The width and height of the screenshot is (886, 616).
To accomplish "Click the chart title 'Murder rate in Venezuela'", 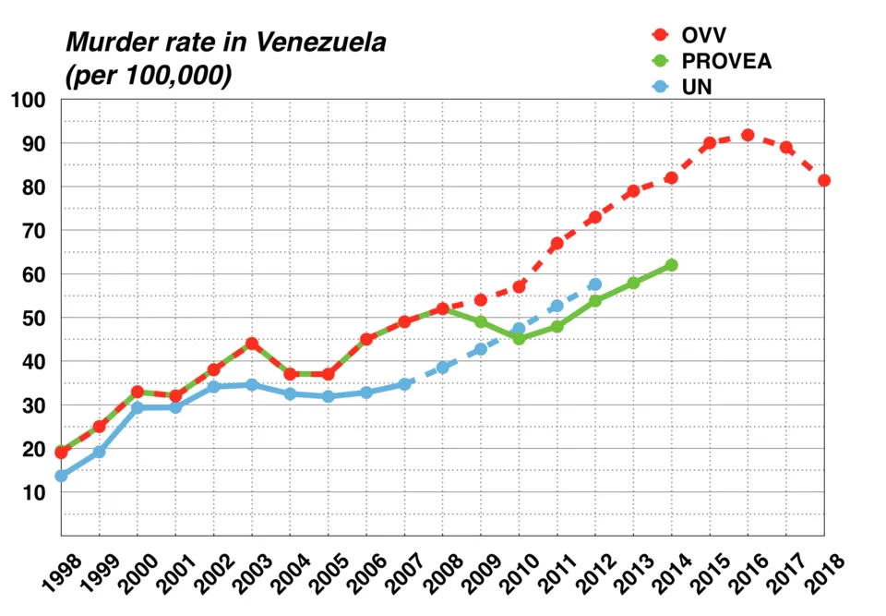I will [225, 42].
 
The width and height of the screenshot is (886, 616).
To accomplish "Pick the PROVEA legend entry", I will [725, 61].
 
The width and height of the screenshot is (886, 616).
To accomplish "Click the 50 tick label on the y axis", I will [33, 318].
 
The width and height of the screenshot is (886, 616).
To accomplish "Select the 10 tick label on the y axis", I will [33, 492].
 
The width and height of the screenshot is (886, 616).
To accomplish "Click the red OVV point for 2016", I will [748, 135].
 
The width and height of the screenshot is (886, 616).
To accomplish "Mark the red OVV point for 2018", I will [824, 180].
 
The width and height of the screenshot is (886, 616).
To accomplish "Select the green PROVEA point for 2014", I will [671, 265].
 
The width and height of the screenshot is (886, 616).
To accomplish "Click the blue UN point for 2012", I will [595, 284].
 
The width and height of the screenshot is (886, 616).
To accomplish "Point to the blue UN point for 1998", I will [61, 476].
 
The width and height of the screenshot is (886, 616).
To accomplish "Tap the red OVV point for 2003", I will [252, 344].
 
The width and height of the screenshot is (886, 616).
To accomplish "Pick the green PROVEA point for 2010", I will [519, 339].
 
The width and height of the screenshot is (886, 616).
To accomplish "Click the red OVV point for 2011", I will [557, 244].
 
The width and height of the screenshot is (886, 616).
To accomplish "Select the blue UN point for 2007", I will [404, 384].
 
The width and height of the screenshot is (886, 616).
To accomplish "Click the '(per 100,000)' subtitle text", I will [148, 77].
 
